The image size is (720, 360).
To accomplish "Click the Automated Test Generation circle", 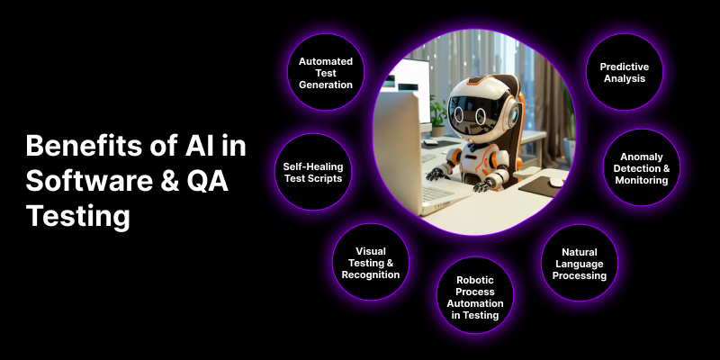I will coord(325,72).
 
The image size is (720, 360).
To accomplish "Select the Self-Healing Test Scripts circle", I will coord(312,173).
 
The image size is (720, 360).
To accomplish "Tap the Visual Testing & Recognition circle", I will coord(371,262).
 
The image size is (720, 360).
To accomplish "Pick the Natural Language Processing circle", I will coord(579,263).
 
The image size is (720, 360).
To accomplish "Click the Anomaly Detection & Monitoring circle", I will coord(640,167).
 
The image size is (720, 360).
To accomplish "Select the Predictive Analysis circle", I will coord(624,72).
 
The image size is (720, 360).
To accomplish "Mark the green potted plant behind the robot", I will coord(438,109).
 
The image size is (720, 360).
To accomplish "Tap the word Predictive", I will coord(624,66).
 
